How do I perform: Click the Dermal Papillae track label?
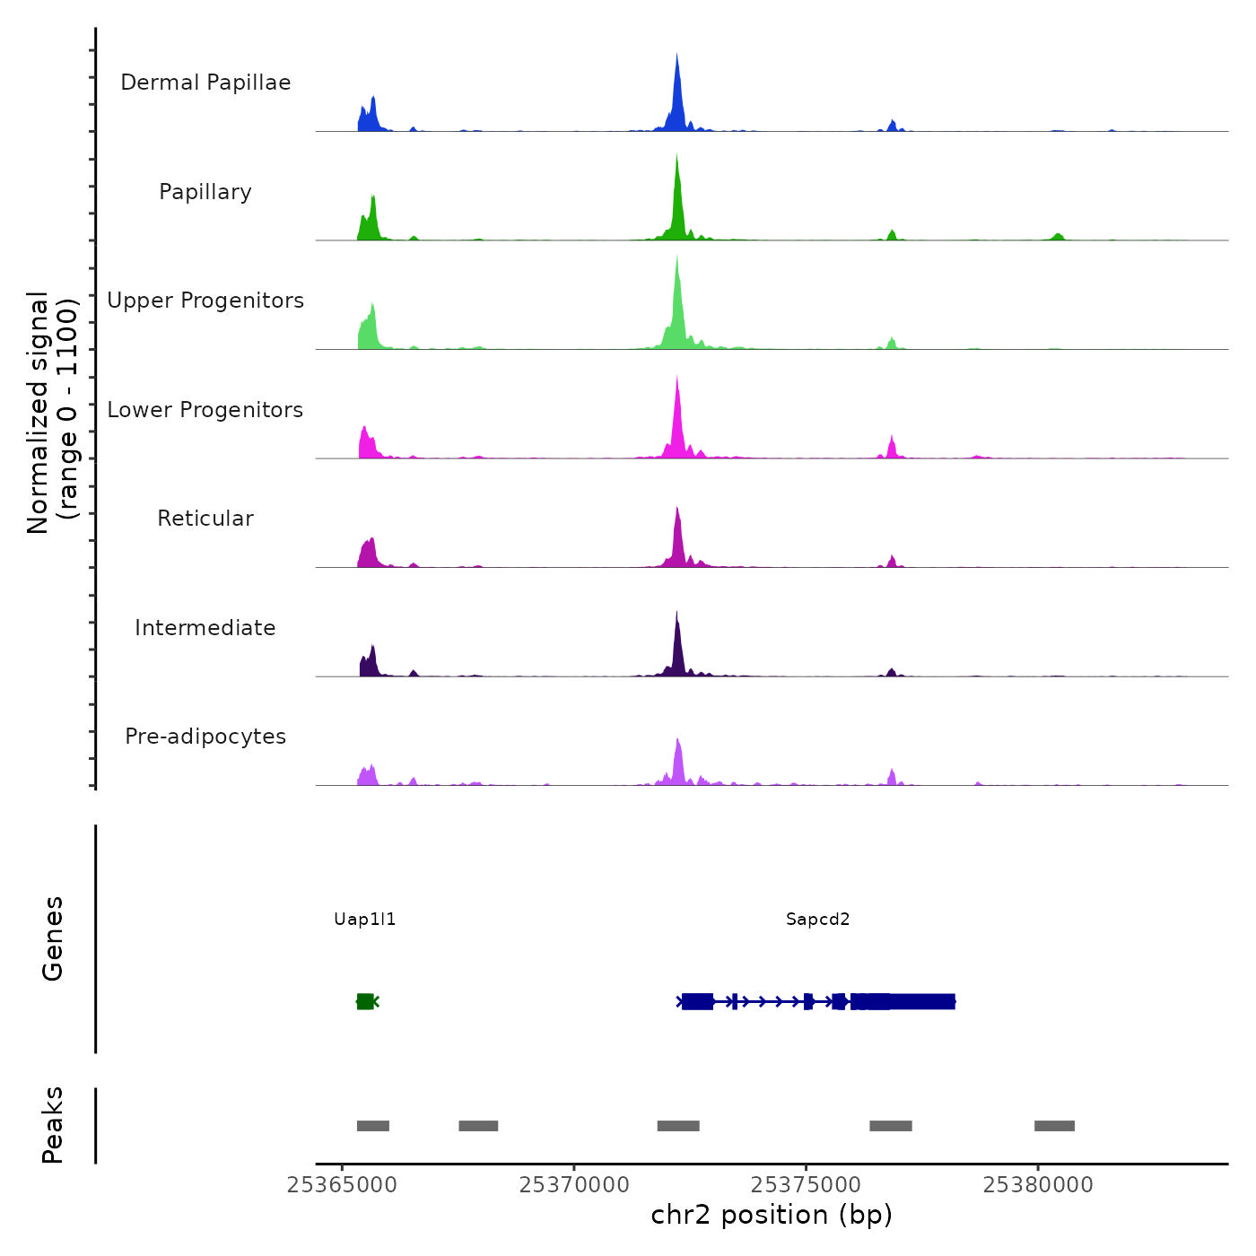(205, 83)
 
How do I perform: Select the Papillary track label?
(205, 192)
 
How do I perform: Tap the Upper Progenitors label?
(205, 301)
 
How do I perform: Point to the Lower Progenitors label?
(205, 410)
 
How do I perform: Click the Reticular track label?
(205, 519)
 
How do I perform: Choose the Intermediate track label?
(205, 628)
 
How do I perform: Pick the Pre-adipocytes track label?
(205, 737)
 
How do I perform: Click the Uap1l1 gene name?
(364, 920)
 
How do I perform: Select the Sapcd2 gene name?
(817, 920)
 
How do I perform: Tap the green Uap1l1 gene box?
(365, 1001)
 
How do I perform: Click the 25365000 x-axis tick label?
(342, 1185)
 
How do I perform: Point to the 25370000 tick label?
(574, 1185)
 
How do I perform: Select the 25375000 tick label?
(806, 1185)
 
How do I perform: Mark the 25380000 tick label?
(1038, 1185)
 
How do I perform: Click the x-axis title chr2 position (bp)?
(772, 1215)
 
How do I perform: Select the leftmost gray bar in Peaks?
(373, 1126)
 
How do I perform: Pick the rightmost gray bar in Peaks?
(1054, 1126)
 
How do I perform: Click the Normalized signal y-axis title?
(52, 413)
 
